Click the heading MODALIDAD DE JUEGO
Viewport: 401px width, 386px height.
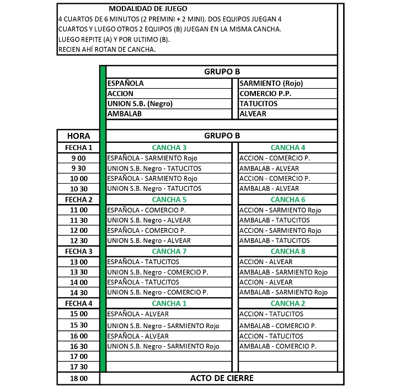(147, 9)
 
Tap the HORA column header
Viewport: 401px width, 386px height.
(78, 136)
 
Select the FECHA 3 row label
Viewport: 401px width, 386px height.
(78, 251)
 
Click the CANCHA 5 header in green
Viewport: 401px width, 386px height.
(169, 200)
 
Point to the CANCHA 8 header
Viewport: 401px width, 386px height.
(287, 251)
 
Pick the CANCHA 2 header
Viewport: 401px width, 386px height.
(287, 303)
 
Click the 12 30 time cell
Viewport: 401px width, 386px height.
(78, 241)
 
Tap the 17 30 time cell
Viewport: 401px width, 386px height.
(78, 367)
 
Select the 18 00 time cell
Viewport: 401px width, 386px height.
(78, 378)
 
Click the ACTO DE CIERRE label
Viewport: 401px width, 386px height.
(222, 378)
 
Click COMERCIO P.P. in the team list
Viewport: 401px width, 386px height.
(265, 94)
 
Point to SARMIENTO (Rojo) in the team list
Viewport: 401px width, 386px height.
(271, 83)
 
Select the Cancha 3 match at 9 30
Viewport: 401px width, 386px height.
(154, 169)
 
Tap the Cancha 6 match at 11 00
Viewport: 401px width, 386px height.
(280, 210)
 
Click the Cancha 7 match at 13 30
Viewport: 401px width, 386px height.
(157, 272)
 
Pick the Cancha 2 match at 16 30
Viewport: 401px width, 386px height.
(278, 346)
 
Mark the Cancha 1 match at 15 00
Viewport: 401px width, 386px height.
(138, 314)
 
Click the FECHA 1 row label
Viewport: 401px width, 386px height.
(78, 148)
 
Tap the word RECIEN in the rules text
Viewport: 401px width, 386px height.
(69, 50)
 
